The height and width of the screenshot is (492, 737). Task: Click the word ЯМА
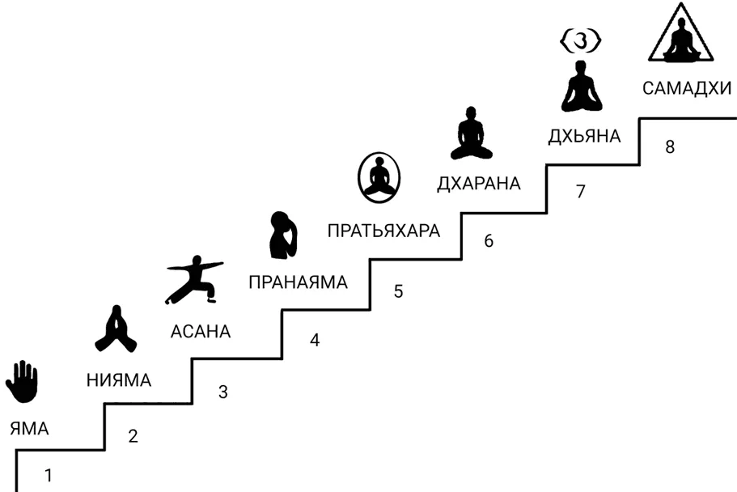tap(30, 428)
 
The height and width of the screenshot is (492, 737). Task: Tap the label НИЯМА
tap(118, 380)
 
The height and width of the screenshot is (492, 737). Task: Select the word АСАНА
tap(201, 331)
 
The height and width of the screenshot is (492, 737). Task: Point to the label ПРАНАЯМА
tap(298, 282)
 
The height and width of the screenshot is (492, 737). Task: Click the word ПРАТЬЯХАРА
tap(384, 231)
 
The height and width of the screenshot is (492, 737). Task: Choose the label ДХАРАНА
tap(478, 184)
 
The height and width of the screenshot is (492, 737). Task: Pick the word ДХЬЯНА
tap(584, 136)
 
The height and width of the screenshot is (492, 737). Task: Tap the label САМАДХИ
tap(687, 88)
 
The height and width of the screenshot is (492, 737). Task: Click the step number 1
tap(49, 476)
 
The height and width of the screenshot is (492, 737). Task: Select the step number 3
tap(223, 392)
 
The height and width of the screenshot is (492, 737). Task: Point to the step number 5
tap(398, 291)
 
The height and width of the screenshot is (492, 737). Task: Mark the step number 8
tap(669, 147)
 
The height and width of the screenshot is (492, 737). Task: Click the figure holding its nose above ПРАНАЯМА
tap(282, 234)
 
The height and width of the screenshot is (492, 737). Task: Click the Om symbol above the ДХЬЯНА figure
tap(582, 38)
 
